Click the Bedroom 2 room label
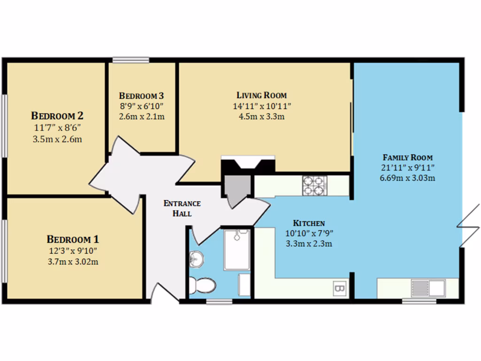click(x=57, y=115)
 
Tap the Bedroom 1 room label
click(x=72, y=238)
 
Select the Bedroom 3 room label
click(x=141, y=95)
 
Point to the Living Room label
click(x=262, y=95)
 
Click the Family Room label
click(x=407, y=157)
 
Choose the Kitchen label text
click(x=309, y=223)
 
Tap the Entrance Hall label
click(x=182, y=208)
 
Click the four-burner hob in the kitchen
click(x=314, y=185)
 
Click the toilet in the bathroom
click(x=203, y=285)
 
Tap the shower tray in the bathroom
click(x=237, y=250)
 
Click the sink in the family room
click(x=427, y=288)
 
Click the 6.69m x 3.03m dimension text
click(x=407, y=178)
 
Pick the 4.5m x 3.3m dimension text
click(x=262, y=117)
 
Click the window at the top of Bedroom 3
click(x=131, y=60)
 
